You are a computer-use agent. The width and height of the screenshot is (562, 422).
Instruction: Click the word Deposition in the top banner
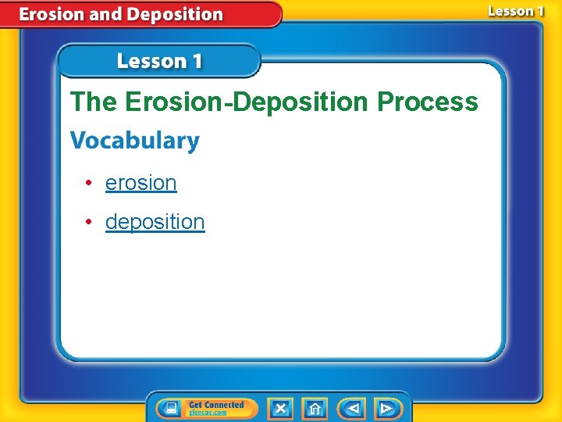(174, 14)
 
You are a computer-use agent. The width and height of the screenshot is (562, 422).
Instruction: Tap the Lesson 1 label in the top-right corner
(515, 11)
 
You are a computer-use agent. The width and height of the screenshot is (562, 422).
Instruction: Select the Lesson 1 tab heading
(159, 61)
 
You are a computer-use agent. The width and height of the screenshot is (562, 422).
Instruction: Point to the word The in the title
(94, 102)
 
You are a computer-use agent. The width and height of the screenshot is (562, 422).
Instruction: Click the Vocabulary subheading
(134, 141)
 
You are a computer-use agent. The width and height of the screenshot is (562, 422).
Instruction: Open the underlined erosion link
(140, 183)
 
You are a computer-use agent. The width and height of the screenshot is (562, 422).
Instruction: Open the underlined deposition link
(155, 222)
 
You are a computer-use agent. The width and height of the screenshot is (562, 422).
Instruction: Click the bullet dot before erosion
(91, 183)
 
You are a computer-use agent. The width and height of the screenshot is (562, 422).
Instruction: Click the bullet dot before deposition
(91, 222)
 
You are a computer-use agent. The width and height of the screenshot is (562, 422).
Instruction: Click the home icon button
(315, 408)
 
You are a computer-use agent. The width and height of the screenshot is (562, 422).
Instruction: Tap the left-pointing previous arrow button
(352, 408)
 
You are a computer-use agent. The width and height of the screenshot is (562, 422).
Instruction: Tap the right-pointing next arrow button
(386, 408)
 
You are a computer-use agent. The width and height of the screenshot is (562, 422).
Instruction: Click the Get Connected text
(216, 404)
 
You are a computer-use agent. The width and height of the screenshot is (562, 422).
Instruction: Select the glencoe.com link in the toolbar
(208, 413)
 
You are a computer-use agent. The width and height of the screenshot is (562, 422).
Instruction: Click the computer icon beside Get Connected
(171, 408)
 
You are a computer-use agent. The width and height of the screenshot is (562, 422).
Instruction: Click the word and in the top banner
(107, 14)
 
